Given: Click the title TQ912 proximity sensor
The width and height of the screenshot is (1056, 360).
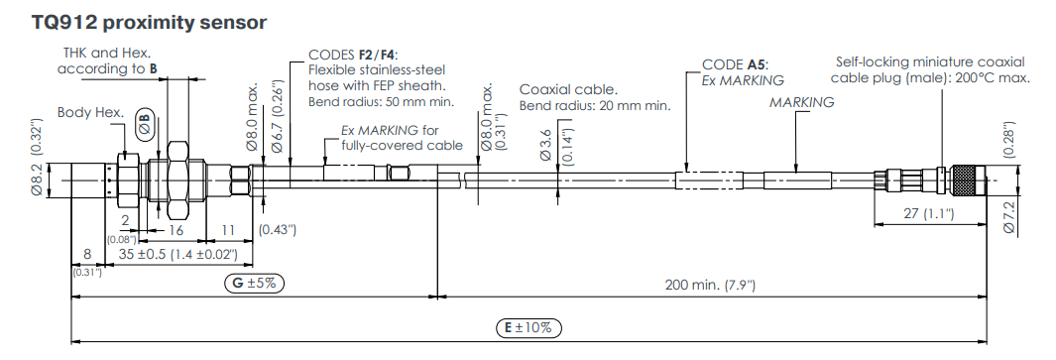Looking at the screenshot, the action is (149, 22).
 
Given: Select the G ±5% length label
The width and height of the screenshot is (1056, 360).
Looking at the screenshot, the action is (254, 284).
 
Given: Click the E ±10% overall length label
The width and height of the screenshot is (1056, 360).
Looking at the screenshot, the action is (528, 328).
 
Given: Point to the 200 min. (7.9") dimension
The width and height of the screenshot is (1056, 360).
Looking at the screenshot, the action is (710, 285).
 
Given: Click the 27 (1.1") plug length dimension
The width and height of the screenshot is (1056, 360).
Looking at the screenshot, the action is (929, 213).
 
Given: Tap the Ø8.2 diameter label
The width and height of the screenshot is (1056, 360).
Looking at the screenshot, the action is (39, 180).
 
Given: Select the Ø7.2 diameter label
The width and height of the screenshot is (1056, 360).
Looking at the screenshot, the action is (1007, 216).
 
